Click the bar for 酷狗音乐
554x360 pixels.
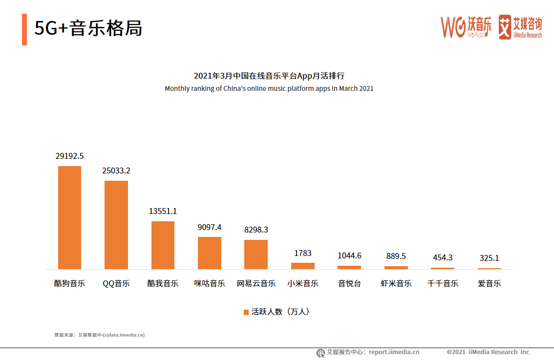[x=69, y=217]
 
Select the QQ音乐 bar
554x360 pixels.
[x=116, y=225]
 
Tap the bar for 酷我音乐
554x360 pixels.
[x=163, y=245]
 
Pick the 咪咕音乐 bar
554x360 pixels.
[x=209, y=253]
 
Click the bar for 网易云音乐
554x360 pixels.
[x=256, y=254]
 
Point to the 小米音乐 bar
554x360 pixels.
[x=303, y=266]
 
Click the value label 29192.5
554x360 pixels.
[x=69, y=156]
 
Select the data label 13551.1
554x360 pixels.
[x=163, y=211]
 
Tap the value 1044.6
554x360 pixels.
[x=349, y=255]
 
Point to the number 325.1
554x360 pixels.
[x=489, y=258]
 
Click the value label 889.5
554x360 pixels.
[x=396, y=256]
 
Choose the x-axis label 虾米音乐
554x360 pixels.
[x=396, y=283]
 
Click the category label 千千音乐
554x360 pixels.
[x=443, y=283]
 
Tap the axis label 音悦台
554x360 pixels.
[x=349, y=283]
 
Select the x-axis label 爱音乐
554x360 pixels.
[x=489, y=283]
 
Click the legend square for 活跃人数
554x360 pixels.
[x=246, y=312]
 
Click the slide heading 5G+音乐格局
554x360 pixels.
[x=88, y=29]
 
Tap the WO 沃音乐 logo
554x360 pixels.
[x=466, y=27]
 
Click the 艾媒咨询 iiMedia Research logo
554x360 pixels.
[x=520, y=27]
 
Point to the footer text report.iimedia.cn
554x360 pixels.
[x=394, y=352]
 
